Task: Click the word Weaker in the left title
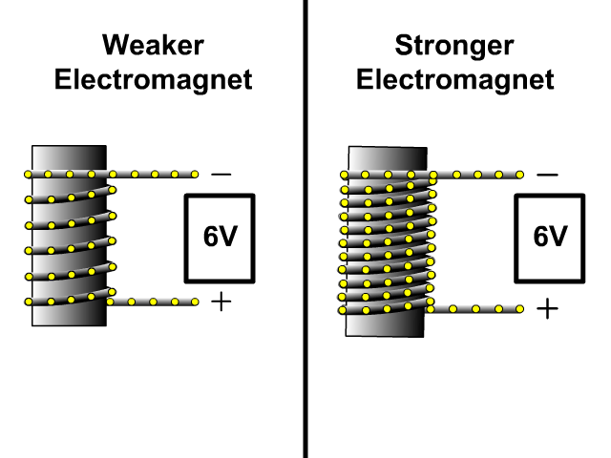click(x=153, y=46)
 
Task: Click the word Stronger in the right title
click(x=454, y=46)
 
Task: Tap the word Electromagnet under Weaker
click(x=153, y=79)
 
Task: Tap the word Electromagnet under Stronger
click(x=454, y=79)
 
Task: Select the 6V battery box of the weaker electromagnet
click(x=220, y=238)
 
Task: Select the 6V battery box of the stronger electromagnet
click(x=550, y=238)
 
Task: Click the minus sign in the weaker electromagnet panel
click(x=221, y=175)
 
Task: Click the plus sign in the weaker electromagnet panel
click(x=221, y=302)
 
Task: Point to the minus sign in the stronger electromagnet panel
click(x=547, y=175)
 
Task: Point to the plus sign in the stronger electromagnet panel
click(x=547, y=308)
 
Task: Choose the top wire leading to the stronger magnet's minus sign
click(x=477, y=175)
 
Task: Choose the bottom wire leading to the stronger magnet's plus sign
click(x=477, y=308)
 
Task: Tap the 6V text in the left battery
click(x=220, y=238)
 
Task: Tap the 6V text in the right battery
click(x=550, y=238)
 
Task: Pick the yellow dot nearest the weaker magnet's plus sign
click(x=195, y=302)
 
